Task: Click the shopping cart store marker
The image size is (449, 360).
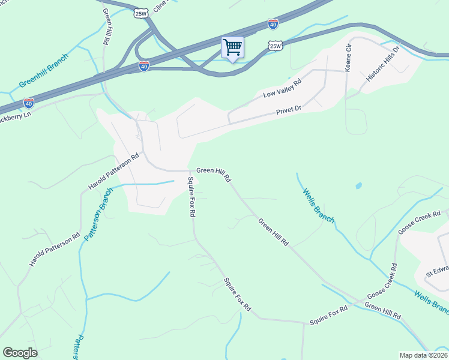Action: tap(232, 47)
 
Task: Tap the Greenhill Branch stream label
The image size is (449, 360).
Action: tap(44, 70)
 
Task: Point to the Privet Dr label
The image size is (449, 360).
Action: tap(288, 112)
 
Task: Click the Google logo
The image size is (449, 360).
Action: tap(20, 352)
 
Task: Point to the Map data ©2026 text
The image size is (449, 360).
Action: tap(423, 355)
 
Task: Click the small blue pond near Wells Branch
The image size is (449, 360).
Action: tap(358, 186)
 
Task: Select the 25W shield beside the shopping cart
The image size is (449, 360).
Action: tap(275, 46)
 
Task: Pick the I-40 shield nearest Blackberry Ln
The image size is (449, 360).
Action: tap(28, 103)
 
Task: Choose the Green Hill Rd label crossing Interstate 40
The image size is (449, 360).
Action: tap(106, 27)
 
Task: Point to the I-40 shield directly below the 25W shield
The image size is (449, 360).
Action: tap(144, 66)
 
